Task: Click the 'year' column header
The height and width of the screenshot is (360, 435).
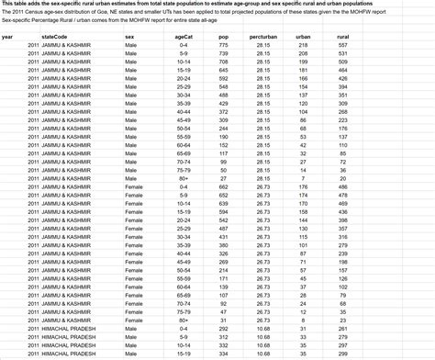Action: (7, 37)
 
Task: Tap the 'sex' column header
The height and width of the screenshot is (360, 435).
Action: (129, 37)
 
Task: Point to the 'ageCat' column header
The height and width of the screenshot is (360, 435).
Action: (183, 37)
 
